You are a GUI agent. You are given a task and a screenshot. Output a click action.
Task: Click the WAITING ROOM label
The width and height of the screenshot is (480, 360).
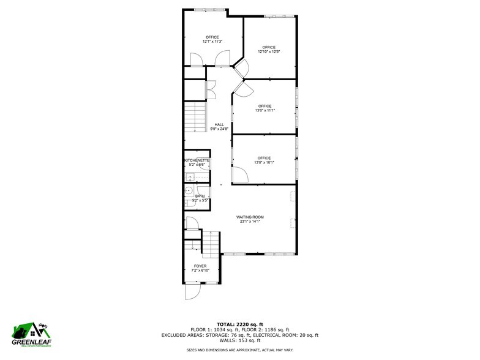(x=250, y=217)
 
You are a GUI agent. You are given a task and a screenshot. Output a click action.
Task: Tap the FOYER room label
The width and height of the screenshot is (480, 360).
(x=200, y=266)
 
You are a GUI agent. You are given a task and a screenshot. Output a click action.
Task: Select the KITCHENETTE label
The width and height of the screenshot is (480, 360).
(x=197, y=160)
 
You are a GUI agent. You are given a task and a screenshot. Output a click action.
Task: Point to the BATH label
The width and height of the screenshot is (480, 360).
(x=200, y=196)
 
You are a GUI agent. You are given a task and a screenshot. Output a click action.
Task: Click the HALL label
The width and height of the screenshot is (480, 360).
(x=219, y=124)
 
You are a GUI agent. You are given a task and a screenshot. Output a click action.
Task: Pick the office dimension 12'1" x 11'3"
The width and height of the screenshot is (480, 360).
(x=212, y=42)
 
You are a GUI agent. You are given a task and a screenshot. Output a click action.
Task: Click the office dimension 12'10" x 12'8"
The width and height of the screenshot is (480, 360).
(x=269, y=51)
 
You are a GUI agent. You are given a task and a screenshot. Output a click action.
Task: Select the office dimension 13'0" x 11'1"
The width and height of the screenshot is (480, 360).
(x=264, y=110)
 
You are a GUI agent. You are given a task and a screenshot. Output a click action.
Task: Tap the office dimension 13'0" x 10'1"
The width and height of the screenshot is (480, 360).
(x=264, y=162)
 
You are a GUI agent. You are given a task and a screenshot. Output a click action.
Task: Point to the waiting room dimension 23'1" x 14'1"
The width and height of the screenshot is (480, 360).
(x=250, y=222)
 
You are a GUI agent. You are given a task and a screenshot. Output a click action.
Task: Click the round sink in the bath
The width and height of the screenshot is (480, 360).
(x=188, y=190)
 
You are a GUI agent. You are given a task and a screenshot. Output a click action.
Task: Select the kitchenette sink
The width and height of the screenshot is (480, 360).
(x=190, y=177)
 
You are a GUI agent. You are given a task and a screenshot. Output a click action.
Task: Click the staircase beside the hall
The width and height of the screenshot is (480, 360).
(x=195, y=116)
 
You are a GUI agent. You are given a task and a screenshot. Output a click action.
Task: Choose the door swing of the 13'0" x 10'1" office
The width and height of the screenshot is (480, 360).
(x=240, y=176)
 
